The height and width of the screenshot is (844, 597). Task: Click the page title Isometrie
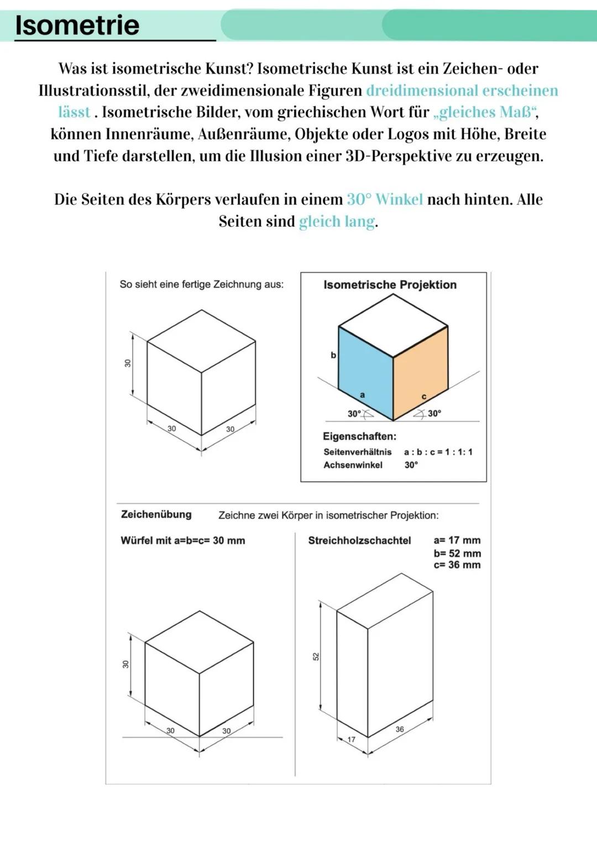pyautogui.click(x=77, y=25)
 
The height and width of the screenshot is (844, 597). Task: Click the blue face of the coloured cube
pyautogui.click(x=365, y=368)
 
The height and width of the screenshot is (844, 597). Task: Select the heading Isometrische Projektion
pyautogui.click(x=390, y=285)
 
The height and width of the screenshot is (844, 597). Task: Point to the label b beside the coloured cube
pyautogui.click(x=333, y=355)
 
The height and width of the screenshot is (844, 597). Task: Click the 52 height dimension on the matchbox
pyautogui.click(x=316, y=656)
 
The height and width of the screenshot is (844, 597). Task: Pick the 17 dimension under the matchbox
pyautogui.click(x=352, y=740)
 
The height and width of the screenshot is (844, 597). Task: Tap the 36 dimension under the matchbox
pyautogui.click(x=400, y=729)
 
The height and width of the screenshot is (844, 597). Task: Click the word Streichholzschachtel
pyautogui.click(x=359, y=541)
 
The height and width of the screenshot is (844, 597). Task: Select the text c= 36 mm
pyautogui.click(x=457, y=565)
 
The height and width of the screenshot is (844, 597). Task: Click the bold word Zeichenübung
pyautogui.click(x=156, y=515)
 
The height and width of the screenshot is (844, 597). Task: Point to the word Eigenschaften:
pyautogui.click(x=359, y=436)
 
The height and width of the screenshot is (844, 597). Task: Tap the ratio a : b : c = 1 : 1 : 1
pyautogui.click(x=438, y=452)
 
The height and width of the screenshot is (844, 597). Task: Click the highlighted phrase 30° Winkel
pyautogui.click(x=385, y=200)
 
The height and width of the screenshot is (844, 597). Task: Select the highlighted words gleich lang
pyautogui.click(x=337, y=222)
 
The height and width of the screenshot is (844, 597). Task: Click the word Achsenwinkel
pyautogui.click(x=353, y=465)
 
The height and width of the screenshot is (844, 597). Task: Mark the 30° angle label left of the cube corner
pyautogui.click(x=354, y=413)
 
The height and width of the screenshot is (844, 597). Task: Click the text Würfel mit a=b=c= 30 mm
pyautogui.click(x=183, y=541)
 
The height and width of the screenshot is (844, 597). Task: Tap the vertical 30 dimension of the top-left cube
pyautogui.click(x=128, y=363)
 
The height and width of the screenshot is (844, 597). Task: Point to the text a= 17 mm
pyautogui.click(x=457, y=540)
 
